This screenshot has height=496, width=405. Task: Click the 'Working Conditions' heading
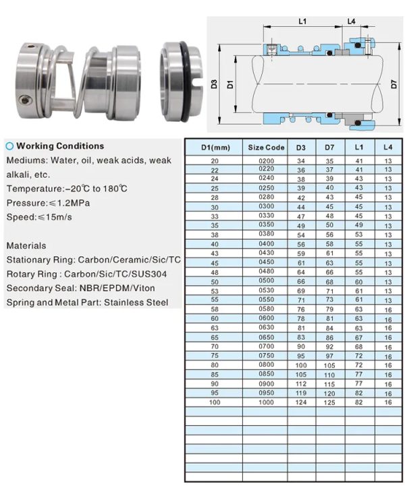point(60,146)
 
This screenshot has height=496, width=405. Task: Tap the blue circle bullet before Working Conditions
point(9,146)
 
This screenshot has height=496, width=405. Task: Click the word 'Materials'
point(26,246)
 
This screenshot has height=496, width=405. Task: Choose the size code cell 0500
point(266,281)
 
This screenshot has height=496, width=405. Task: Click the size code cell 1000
point(266,402)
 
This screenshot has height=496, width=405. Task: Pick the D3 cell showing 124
point(301,402)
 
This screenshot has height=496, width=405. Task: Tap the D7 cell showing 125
point(330,402)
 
